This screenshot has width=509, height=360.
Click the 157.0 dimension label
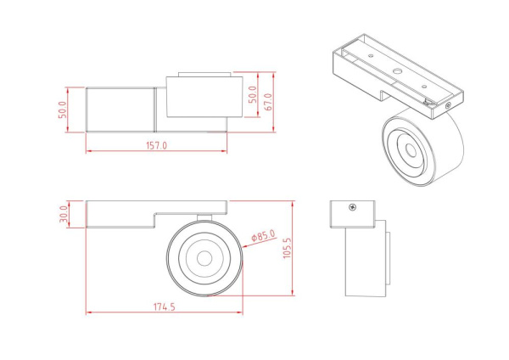pyautogui.click(x=158, y=146)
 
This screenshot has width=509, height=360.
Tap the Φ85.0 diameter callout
pyautogui.click(x=262, y=238)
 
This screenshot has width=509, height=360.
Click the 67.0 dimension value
pyautogui.click(x=268, y=102)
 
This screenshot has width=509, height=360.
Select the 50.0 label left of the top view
pyautogui.click(x=63, y=110)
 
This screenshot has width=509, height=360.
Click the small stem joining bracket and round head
pyautogui.click(x=204, y=216)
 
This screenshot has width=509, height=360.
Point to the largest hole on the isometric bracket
pyautogui.click(x=394, y=71)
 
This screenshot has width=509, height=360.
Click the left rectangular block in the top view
pyautogui.click(x=120, y=110)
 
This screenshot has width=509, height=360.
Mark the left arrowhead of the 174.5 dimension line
pyautogui.click(x=88, y=312)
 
